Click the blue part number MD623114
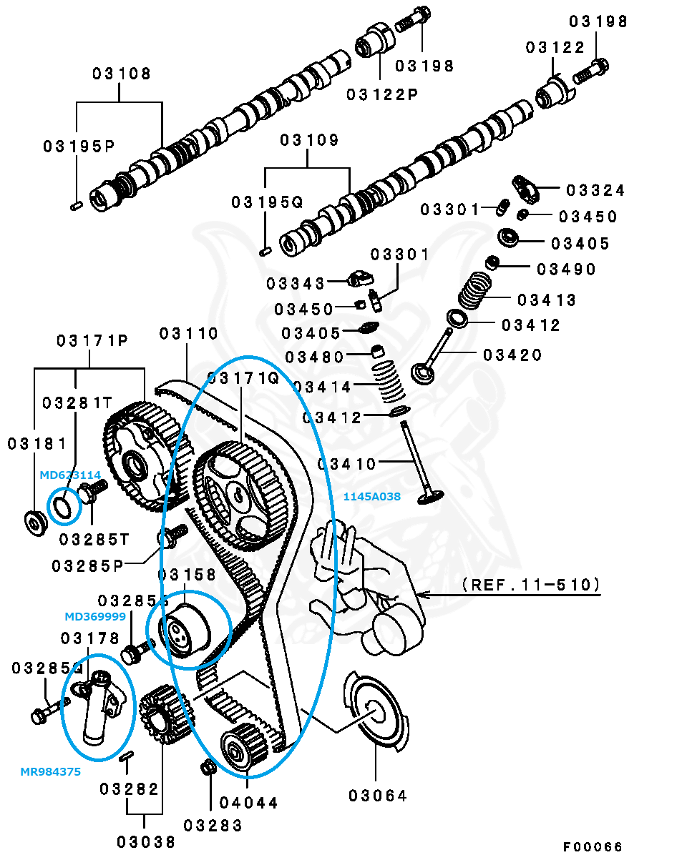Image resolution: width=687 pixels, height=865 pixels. click(70, 474)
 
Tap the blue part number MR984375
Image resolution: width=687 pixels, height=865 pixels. click(50, 771)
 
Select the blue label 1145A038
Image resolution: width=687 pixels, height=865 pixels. click(371, 495)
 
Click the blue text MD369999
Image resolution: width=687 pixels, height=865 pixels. click(95, 616)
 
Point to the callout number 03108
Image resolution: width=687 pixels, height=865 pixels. click(122, 74)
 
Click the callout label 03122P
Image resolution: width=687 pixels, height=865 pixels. click(382, 94)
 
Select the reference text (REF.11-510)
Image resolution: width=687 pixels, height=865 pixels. click(530, 585)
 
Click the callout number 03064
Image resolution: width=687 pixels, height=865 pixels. click(378, 795)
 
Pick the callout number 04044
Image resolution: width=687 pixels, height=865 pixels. click(249, 802)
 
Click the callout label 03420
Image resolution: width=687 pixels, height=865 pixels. click(512, 355)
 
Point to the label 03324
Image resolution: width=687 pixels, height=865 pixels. click(595, 190)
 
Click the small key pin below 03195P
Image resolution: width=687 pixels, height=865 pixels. click(76, 205)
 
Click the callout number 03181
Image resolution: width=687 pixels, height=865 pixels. click(36, 444)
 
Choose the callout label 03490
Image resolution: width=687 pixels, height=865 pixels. click(566, 269)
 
